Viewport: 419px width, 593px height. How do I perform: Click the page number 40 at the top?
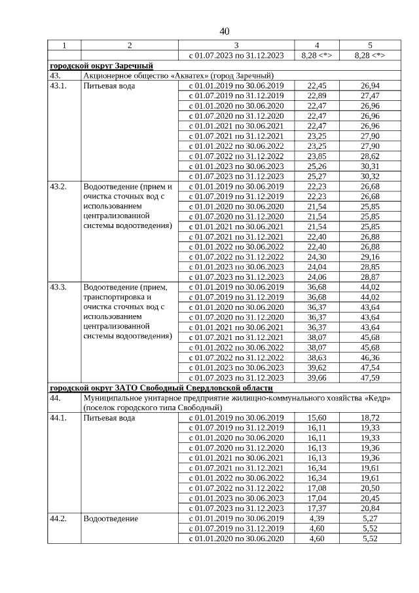pos(225,31)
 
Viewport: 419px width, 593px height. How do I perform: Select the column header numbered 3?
pos(236,45)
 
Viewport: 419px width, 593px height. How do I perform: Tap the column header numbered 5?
pos(370,45)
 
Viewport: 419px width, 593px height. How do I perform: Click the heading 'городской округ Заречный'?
pos(101,66)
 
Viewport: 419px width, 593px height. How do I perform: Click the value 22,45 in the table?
pos(317,86)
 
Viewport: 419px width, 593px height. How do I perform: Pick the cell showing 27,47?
pos(370,96)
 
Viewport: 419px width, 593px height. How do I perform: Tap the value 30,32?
pos(370,176)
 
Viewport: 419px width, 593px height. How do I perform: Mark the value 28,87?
pos(370,277)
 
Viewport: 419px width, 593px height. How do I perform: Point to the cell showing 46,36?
pos(370,358)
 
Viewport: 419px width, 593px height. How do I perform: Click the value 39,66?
pos(317,378)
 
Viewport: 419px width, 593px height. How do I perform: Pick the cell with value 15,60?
pos(317,418)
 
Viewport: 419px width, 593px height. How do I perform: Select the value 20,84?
pos(370,508)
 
